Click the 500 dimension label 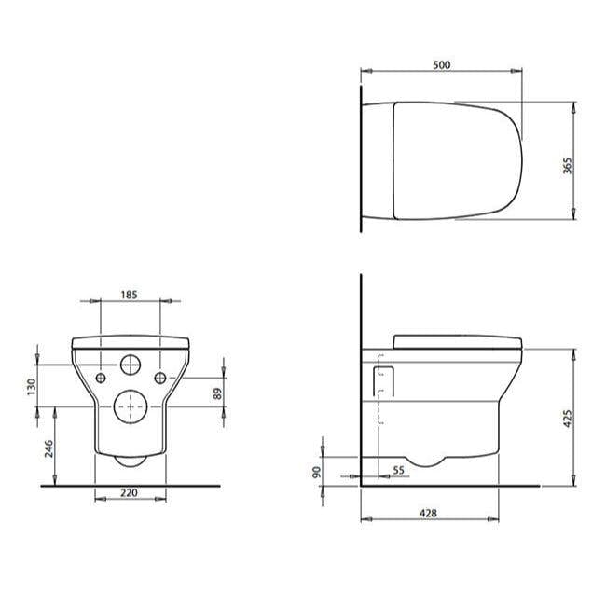pos(442,64)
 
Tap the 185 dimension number pos(129,294)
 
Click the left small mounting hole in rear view pos(100,377)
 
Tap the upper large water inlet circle pos(130,364)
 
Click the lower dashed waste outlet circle pos(130,404)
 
